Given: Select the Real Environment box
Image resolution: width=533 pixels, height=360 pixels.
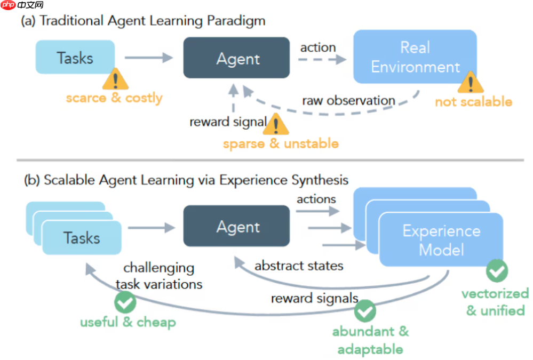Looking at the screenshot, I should [415, 57].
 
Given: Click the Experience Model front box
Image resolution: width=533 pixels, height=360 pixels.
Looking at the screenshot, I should [441, 239].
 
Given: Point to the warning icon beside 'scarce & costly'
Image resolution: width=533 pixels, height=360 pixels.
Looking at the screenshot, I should [115, 79].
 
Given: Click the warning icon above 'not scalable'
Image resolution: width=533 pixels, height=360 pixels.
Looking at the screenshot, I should [470, 83].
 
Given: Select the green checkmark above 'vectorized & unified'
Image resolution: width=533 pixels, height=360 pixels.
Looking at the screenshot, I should [497, 270].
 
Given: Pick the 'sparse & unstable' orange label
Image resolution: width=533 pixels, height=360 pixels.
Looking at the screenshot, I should [281, 143].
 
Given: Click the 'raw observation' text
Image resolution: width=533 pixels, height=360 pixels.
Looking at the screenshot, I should [348, 100].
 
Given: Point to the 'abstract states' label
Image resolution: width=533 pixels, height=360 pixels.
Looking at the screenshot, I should [299, 266].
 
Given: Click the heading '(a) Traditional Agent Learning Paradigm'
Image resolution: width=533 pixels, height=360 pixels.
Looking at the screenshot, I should [143, 21].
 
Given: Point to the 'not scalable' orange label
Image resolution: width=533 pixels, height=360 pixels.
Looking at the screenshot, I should [473, 102].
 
